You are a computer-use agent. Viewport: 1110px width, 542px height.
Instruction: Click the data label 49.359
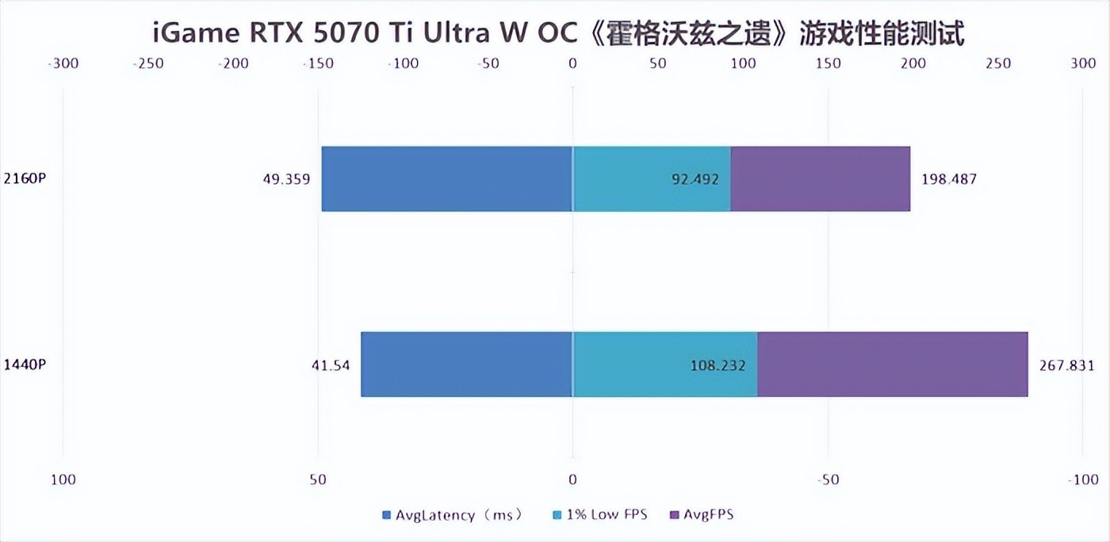tap(286, 179)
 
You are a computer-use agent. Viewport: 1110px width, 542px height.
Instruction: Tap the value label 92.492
tap(695, 179)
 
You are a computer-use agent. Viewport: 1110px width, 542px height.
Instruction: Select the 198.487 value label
tap(949, 179)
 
